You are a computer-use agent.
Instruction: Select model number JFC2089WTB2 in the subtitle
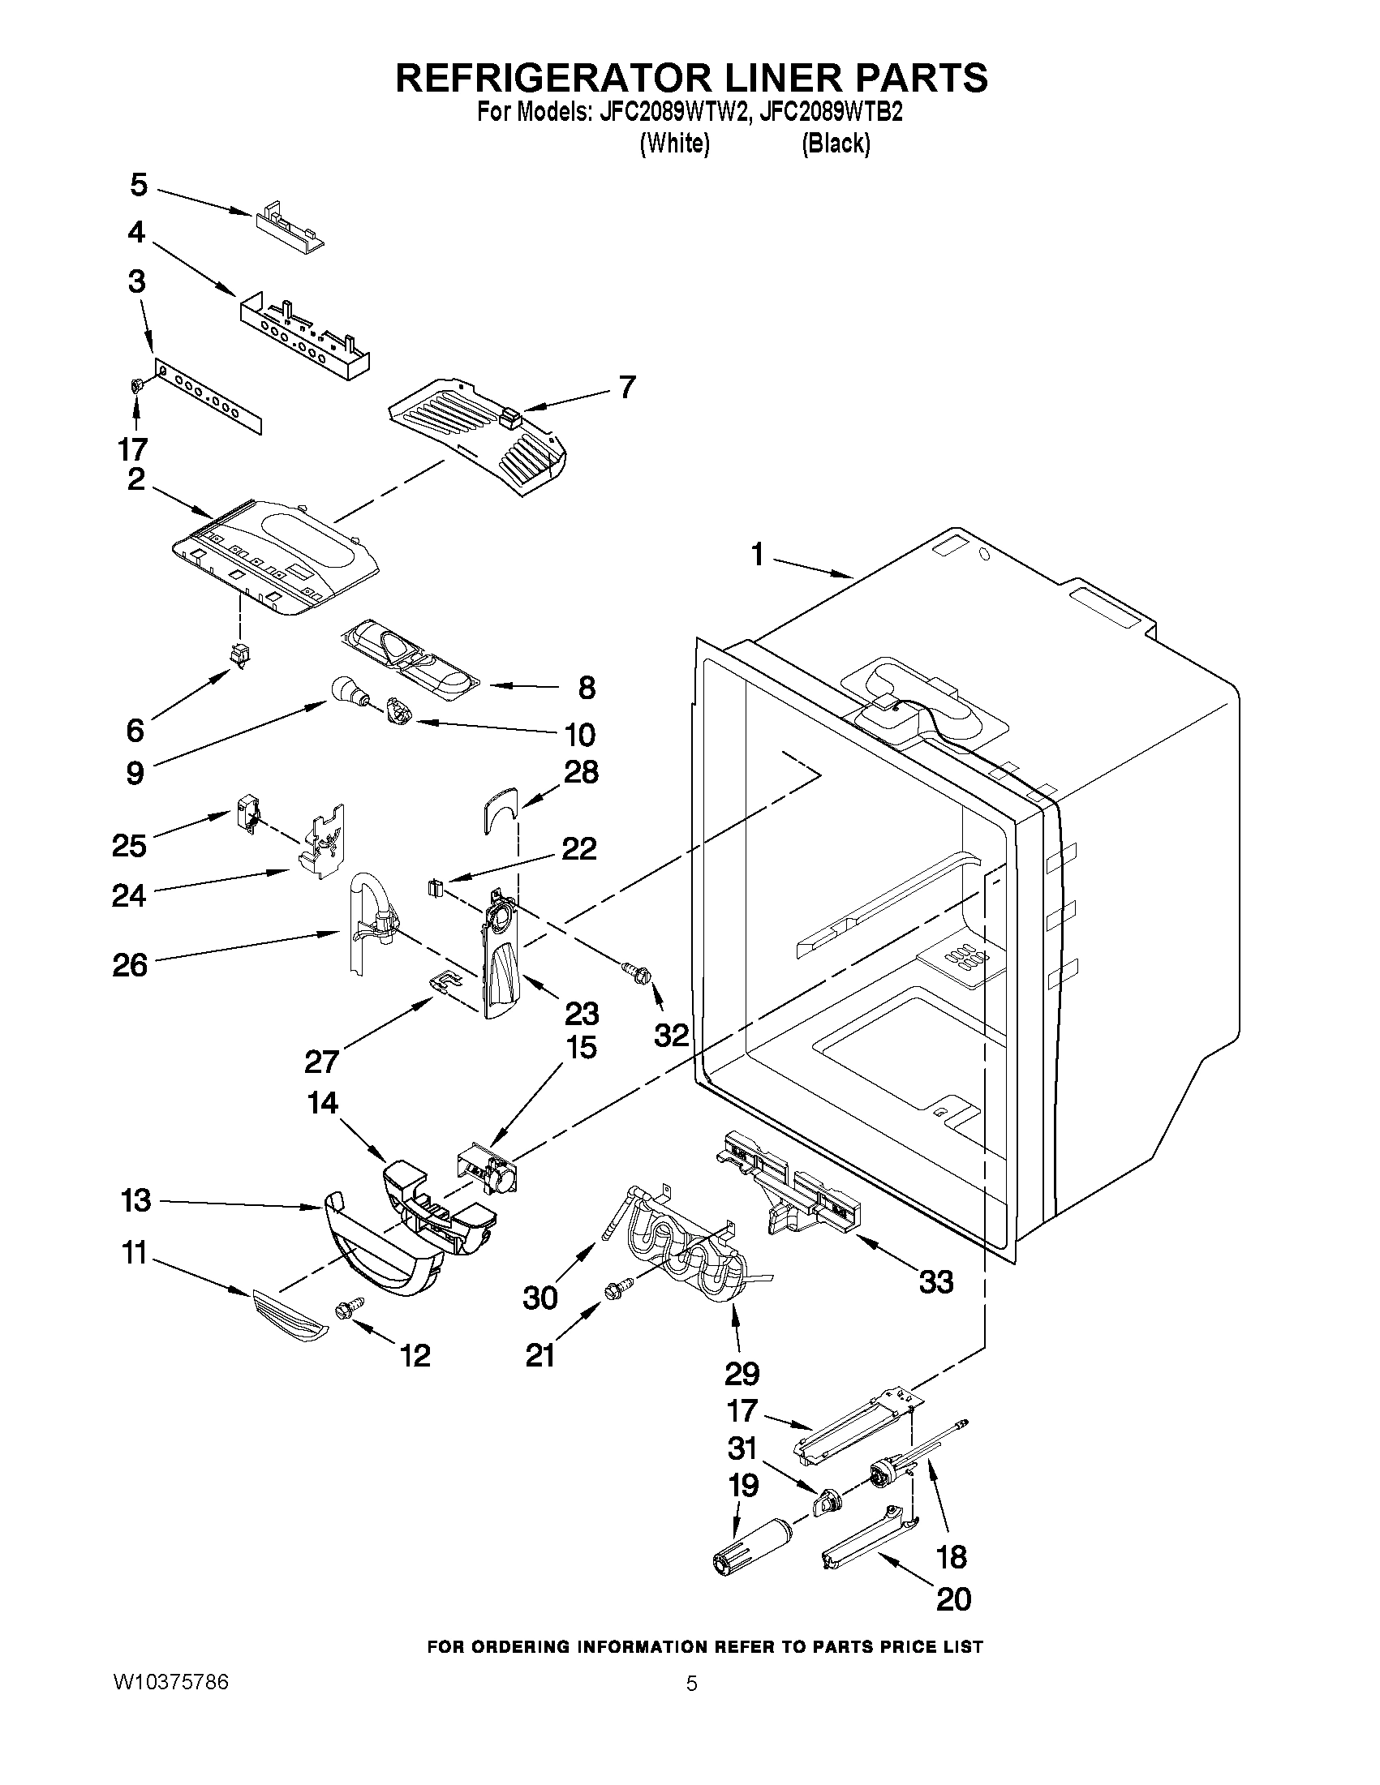click(x=831, y=113)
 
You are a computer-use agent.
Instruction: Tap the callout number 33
click(x=936, y=1281)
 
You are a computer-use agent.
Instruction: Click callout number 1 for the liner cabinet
click(x=757, y=556)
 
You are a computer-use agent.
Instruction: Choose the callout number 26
click(x=130, y=965)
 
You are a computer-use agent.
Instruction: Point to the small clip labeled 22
click(x=435, y=887)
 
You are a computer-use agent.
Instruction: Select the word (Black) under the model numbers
click(x=836, y=144)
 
